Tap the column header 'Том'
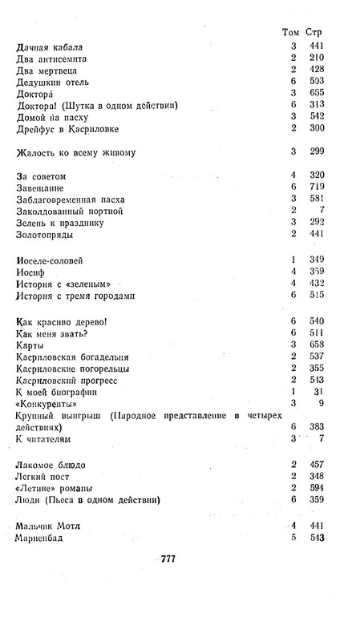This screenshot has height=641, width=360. click(291, 32)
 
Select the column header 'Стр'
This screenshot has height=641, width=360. click(319, 32)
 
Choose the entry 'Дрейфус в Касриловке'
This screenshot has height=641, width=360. click(73, 128)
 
